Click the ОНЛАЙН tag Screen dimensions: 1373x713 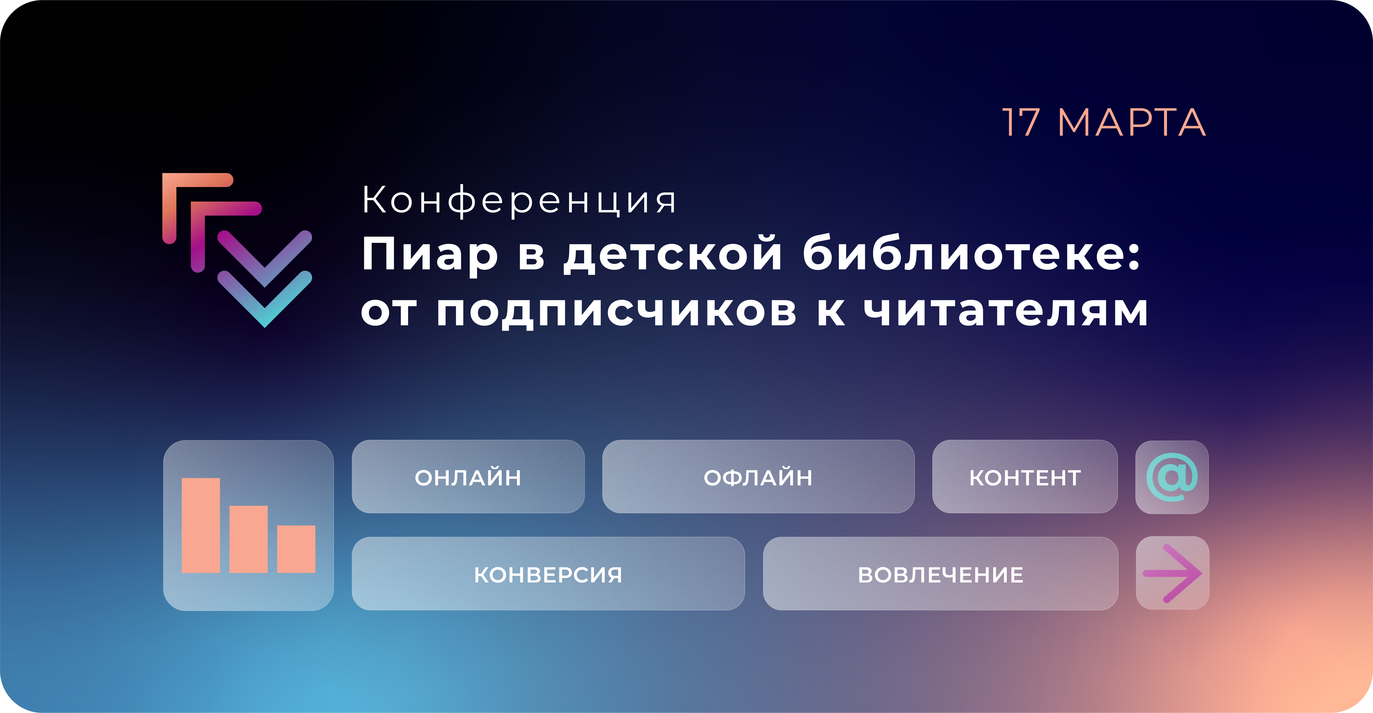[x=468, y=477]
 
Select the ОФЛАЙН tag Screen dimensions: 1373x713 [x=758, y=477]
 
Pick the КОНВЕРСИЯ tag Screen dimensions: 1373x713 [x=548, y=574]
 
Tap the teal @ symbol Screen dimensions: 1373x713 [x=1172, y=477]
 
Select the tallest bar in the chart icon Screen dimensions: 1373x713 [x=201, y=525]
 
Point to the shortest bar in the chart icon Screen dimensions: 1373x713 [x=296, y=549]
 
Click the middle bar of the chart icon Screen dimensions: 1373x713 [x=248, y=539]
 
